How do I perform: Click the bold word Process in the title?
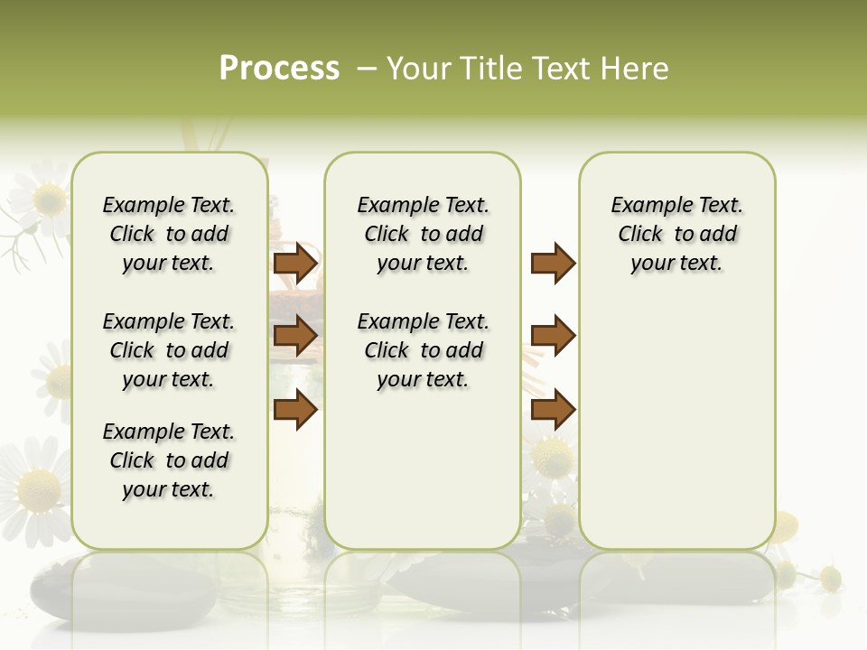pos(279,69)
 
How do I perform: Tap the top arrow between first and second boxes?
pos(295,264)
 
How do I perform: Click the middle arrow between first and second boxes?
pos(295,336)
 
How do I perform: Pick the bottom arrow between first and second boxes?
pos(295,409)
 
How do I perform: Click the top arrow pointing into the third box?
pos(553,264)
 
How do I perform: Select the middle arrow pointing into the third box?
pos(553,336)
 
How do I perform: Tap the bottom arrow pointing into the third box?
pos(553,409)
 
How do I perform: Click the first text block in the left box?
pos(169,234)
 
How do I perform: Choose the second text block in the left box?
pos(169,350)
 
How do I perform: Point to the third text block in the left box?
pos(169,460)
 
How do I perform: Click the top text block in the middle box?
pos(424,234)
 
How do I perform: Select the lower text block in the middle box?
pos(424,350)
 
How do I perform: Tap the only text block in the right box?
pos(677,234)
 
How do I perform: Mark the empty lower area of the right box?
pos(677,433)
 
